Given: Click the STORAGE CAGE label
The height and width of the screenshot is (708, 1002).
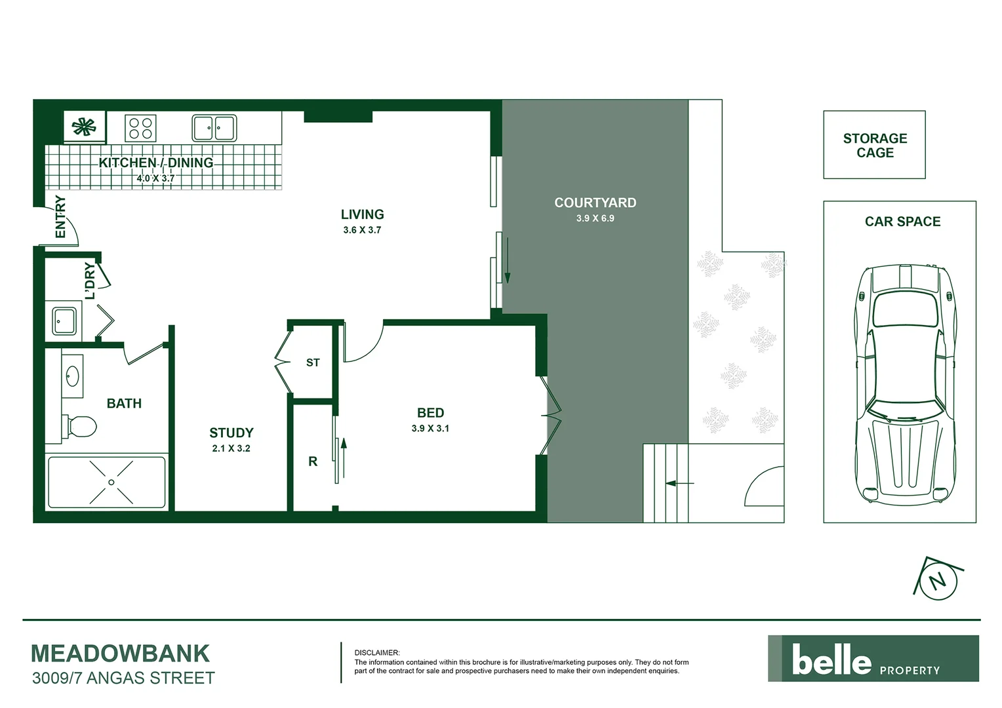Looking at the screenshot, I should (x=875, y=146).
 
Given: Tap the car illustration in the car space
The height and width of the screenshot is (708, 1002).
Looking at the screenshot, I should (x=903, y=383).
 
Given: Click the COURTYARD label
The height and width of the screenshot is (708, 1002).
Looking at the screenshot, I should (x=595, y=203).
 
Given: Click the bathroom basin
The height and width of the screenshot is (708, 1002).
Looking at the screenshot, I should (x=72, y=376).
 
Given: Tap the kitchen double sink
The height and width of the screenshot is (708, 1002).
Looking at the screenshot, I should (x=214, y=128).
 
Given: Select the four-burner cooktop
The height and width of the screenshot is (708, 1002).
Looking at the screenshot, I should (x=140, y=128).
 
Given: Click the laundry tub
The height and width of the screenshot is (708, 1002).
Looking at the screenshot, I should (x=64, y=321).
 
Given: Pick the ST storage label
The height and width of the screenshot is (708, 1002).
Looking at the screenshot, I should (x=313, y=363).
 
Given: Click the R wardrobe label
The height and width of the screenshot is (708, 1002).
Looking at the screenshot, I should (x=313, y=462).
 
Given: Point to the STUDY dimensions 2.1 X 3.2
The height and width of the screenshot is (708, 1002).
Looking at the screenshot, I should (x=231, y=448).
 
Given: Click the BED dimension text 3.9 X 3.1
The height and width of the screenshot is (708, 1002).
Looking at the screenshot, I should (x=430, y=429).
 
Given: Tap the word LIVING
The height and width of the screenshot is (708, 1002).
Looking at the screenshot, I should (x=362, y=214).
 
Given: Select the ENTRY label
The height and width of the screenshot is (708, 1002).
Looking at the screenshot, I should (x=60, y=216).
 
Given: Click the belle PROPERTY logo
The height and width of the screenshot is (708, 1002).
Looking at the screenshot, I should (x=873, y=659).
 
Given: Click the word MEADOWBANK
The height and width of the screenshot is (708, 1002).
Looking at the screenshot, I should (x=120, y=654).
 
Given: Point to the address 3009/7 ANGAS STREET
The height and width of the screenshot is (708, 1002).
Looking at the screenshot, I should (x=123, y=678).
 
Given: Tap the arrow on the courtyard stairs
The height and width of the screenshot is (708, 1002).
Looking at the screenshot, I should (x=679, y=484).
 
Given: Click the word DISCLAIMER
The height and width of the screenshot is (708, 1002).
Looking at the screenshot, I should (x=376, y=653).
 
